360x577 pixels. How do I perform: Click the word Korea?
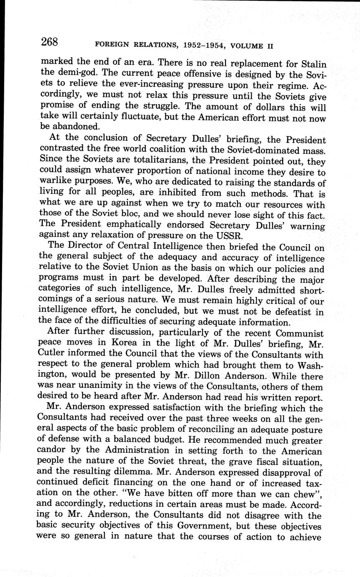pyautogui.click(x=112, y=345)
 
